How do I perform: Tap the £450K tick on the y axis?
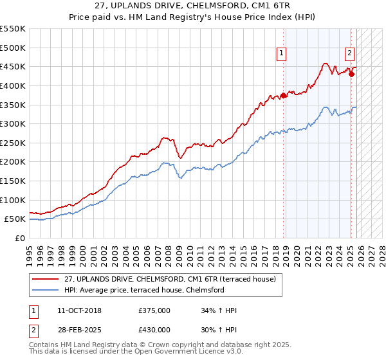13,66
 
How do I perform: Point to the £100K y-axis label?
13,200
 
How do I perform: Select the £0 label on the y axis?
19,238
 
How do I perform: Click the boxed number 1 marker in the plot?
282,54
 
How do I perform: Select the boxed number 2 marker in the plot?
349,54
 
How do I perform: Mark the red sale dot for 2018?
284,96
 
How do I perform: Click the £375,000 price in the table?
154,310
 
